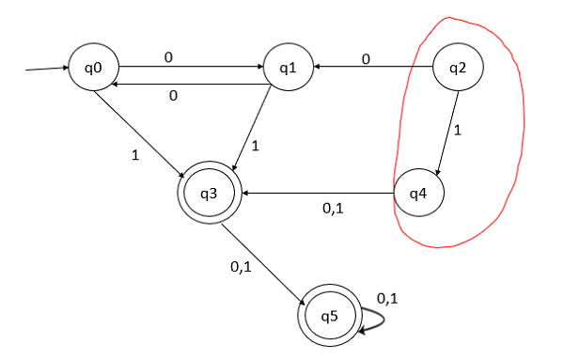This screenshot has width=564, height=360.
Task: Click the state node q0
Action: click(x=93, y=69)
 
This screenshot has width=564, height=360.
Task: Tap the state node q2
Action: click(x=458, y=69)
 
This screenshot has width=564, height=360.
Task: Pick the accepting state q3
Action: click(x=209, y=194)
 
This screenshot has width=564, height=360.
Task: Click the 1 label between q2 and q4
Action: click(x=457, y=132)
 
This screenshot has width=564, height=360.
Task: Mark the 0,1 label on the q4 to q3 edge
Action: click(x=333, y=209)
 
